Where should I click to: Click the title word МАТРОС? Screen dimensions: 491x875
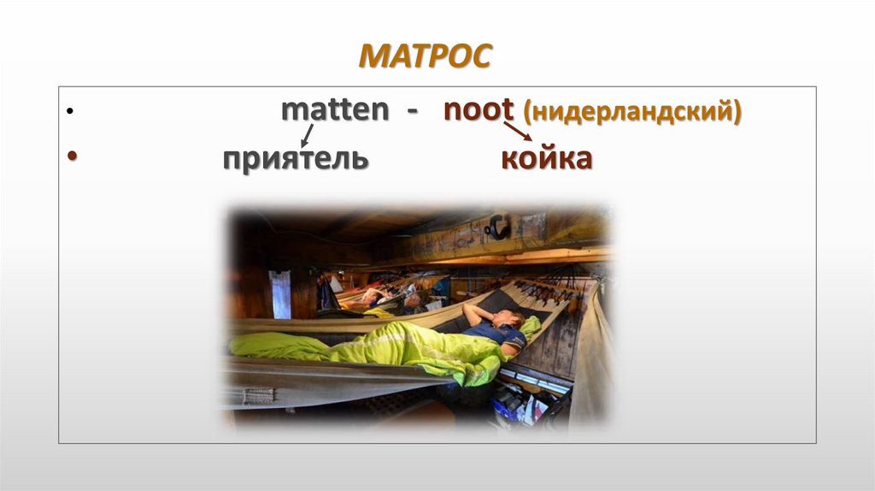426,56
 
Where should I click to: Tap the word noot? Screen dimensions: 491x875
478,109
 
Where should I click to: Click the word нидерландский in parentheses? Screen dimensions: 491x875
632,111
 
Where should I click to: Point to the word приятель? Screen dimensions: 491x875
296,159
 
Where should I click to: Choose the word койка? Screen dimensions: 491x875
546,159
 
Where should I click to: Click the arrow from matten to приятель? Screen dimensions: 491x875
306,134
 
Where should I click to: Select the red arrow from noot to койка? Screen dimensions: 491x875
518,131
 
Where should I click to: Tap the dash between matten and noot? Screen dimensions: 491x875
413,111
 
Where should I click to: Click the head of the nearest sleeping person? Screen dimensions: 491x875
511,319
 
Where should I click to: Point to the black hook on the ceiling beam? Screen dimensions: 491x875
496,227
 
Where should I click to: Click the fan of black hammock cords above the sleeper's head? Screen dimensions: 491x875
548,292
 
